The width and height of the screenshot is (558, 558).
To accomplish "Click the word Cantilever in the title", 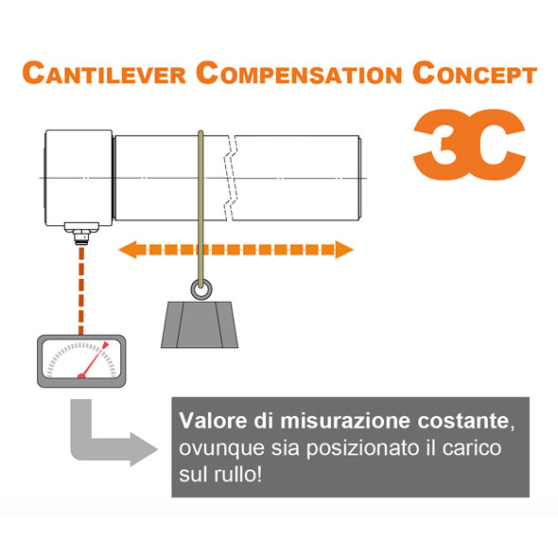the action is [104, 73].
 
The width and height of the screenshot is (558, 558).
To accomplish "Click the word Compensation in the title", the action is [299, 73].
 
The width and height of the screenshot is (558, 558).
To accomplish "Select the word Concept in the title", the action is [475, 73].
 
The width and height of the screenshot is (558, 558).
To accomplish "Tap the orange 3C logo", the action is [469, 144].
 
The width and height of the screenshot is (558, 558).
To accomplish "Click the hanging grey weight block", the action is [200, 324].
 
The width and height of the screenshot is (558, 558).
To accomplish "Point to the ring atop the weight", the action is [201, 289].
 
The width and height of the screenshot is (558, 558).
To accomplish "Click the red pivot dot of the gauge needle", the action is [81, 375].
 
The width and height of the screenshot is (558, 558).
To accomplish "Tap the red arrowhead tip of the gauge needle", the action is [106, 343].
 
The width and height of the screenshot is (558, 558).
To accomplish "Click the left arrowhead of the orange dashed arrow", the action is [128, 250].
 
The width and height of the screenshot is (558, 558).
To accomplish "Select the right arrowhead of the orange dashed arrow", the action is [343, 250].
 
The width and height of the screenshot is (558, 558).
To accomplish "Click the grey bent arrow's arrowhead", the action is [144, 449].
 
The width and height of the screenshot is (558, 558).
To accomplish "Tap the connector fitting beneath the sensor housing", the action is [81, 234].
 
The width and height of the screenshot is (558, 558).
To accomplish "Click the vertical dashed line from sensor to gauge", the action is [81, 291].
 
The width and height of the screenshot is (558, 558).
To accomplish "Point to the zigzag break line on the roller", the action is [231, 178].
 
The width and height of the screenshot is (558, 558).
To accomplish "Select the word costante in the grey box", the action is [463, 421].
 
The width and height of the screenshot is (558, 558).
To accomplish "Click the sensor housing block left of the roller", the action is [78, 178].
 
